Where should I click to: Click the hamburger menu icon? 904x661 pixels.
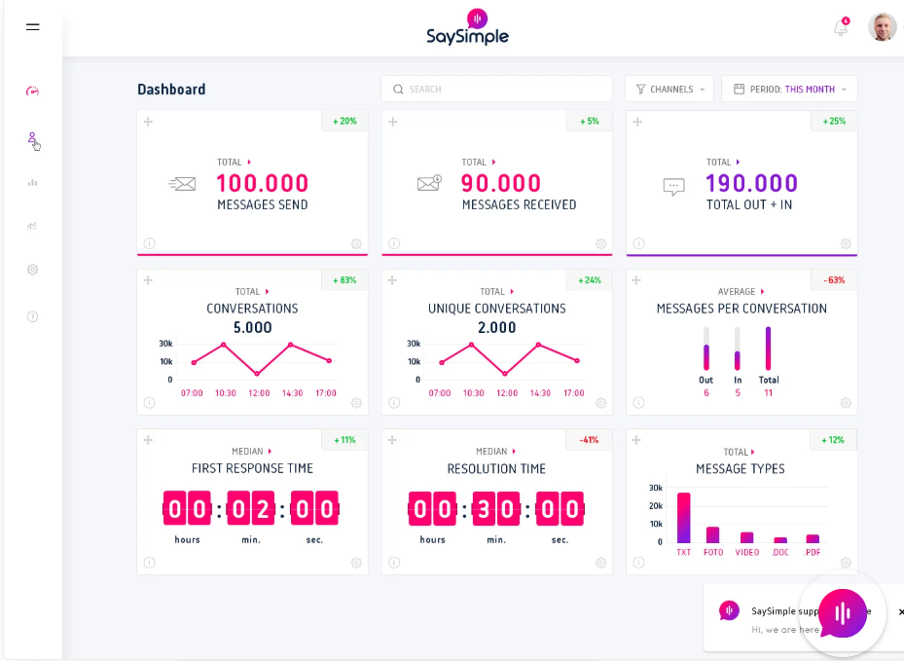(33, 27)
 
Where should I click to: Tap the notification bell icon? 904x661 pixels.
(841, 28)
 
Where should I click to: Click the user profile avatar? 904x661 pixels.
(882, 27)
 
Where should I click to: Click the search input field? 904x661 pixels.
(496, 90)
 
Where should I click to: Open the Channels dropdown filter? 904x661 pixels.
(669, 90)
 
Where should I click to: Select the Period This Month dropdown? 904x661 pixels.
(789, 90)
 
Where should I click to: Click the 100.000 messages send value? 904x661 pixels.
(262, 183)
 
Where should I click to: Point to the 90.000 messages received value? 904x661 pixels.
(500, 183)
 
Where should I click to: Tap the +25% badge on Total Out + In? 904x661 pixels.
(834, 122)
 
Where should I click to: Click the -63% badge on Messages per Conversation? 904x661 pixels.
(834, 280)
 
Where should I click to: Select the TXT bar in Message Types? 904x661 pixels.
(684, 518)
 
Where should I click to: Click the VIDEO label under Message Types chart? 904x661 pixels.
(746, 553)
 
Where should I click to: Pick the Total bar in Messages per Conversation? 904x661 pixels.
(769, 348)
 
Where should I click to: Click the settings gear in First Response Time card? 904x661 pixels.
(356, 563)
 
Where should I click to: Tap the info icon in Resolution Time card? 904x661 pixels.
(394, 563)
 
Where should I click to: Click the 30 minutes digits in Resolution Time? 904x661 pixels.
(496, 508)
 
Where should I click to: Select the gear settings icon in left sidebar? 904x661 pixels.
(33, 270)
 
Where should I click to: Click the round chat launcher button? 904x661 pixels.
(842, 613)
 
